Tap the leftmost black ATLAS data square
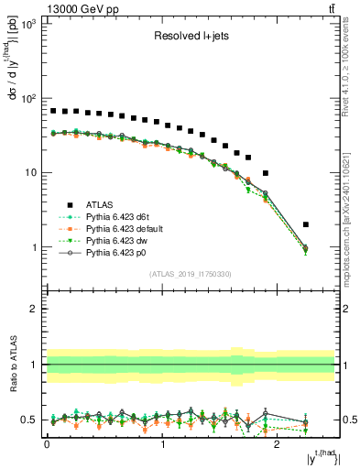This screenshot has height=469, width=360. (x=53, y=111)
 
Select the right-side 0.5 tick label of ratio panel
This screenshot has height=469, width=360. (x=349, y=420)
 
